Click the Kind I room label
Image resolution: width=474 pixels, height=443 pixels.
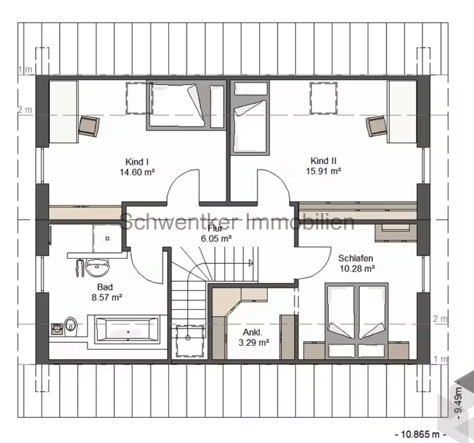click(137, 162)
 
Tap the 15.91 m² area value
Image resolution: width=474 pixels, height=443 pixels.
click(323, 171)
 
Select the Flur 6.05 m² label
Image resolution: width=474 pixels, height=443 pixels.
click(216, 234)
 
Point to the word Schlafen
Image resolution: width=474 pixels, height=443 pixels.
click(356, 258)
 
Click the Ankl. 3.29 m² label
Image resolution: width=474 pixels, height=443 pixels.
click(254, 337)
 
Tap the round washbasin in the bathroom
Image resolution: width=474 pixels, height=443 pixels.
click(98, 267)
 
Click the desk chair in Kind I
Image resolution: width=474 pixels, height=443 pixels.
click(89, 126)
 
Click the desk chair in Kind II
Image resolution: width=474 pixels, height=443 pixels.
click(376, 126)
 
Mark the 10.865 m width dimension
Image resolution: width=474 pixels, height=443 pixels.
click(420, 434)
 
